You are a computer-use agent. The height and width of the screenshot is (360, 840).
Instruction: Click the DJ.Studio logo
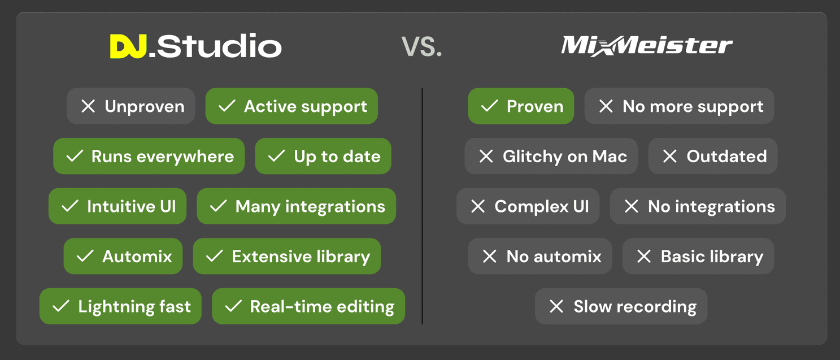pos(195,46)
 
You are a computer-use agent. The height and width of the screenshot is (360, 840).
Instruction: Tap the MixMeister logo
pos(646,46)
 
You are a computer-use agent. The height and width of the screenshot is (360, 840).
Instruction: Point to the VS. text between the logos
pos(421,47)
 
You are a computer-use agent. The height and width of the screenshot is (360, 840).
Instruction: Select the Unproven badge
pos(131,106)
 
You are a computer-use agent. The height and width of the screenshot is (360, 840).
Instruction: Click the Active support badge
pos(291,106)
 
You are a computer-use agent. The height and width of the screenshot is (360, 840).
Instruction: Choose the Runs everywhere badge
pos(149,156)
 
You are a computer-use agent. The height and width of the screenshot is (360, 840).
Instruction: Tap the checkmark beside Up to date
pos(276,156)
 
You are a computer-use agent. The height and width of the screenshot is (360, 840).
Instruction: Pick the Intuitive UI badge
pos(117,206)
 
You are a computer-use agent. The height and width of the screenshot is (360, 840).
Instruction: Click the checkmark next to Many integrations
pos(218,206)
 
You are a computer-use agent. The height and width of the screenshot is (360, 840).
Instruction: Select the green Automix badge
pos(123,256)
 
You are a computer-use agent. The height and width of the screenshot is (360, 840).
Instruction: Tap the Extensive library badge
pos(287,256)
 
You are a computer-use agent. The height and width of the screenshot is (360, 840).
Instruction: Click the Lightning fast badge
pos(120,306)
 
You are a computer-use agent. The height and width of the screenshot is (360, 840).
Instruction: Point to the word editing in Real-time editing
pos(365,307)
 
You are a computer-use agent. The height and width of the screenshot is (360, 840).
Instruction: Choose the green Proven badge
pos(521,106)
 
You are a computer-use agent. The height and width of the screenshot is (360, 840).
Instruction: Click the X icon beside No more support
pos(606,106)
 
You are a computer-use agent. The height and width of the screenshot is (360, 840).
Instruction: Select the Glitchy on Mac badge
pos(551,156)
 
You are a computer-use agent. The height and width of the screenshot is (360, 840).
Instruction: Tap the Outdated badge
pos(713,156)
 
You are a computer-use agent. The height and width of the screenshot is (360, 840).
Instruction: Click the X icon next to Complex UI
pos(478,206)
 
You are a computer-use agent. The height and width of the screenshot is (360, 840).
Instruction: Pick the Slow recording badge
pos(621,306)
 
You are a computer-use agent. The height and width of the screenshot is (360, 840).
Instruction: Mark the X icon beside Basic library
pos(644,256)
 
